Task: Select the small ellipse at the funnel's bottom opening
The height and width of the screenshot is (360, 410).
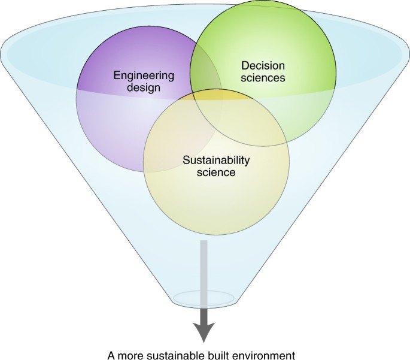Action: [x=204, y=297]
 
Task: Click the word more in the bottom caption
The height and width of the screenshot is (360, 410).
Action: [x=128, y=354]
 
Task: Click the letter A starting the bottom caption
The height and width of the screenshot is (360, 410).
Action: [x=110, y=354]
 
